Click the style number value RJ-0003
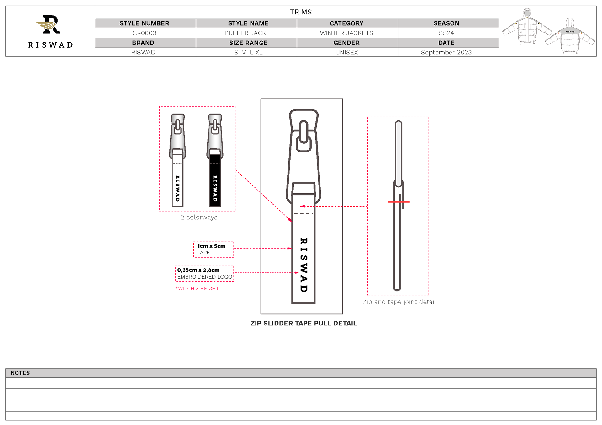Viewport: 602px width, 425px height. (x=143, y=33)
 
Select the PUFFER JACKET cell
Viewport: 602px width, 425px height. (x=249, y=33)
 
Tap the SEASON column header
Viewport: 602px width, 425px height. (x=446, y=23)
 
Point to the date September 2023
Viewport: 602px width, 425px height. (x=446, y=52)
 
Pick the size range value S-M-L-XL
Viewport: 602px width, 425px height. (x=248, y=52)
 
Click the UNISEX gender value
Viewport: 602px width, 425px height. (x=347, y=52)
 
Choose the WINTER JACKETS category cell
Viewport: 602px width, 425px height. (x=347, y=33)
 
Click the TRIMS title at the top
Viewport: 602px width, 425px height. (x=301, y=12)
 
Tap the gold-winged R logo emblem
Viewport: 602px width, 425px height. (x=48, y=24)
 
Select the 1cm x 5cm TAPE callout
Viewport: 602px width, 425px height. (x=214, y=249)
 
